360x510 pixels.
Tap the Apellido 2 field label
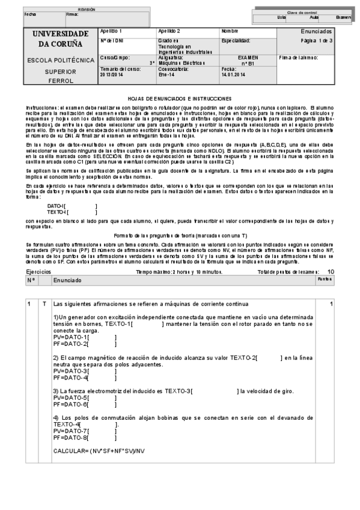169,31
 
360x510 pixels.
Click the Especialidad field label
236,40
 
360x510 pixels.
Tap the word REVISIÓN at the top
87,10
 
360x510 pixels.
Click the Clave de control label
302,12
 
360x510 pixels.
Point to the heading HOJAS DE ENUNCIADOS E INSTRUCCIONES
180,98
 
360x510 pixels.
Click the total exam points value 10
331,272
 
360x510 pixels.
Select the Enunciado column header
67,281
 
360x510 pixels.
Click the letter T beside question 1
43,304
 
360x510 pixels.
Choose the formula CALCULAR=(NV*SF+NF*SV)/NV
99,450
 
